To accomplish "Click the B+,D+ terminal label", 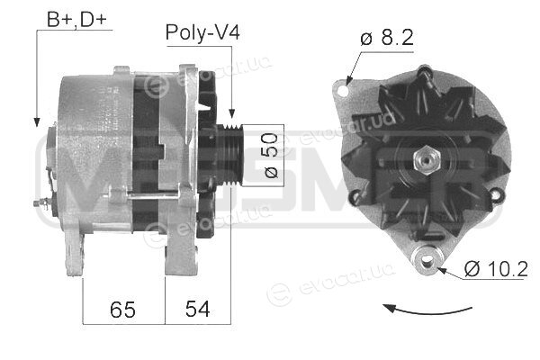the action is [x=76, y=20].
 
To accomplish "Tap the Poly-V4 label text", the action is [x=202, y=32].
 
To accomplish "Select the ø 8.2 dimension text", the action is [x=387, y=38].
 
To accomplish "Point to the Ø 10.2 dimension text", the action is [x=496, y=269].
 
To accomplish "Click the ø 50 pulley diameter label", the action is [x=272, y=156].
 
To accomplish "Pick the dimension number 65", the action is [x=122, y=309].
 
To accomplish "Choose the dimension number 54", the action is [x=197, y=309].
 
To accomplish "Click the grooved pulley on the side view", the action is [x=230, y=156].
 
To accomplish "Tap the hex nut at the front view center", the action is [x=426, y=160].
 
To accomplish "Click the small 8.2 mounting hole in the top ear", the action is [x=344, y=91].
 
